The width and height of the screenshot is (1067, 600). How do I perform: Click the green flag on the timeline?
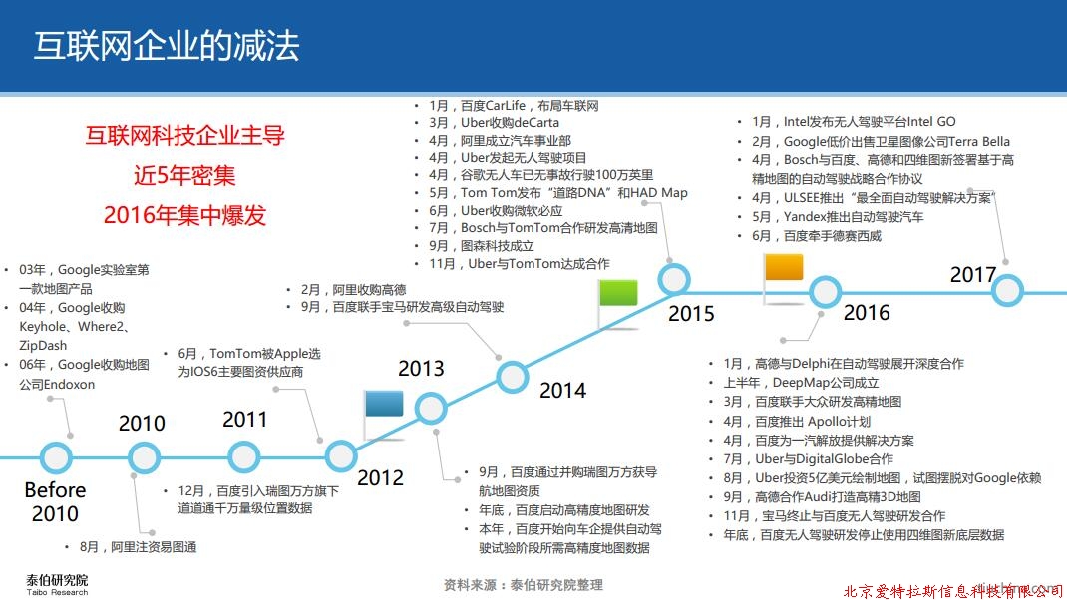coord(618,292)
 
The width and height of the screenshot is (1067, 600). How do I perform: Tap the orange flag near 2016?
coord(784,267)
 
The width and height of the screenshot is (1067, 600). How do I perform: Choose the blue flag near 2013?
coord(384,404)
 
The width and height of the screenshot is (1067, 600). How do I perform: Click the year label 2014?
coord(562,391)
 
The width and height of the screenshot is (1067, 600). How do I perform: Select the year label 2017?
coord(973,275)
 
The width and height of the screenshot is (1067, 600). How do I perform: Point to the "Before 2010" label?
coord(55,501)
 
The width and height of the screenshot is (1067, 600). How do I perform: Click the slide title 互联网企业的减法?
coord(167,46)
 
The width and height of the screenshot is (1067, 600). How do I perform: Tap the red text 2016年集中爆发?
coord(184,215)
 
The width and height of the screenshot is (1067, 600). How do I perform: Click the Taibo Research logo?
coord(57,584)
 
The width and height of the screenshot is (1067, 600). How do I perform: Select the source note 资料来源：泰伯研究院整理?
coord(524,584)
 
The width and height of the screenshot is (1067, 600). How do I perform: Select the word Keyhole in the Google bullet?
coord(42,327)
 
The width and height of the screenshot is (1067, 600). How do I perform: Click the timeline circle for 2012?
coord(340,455)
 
